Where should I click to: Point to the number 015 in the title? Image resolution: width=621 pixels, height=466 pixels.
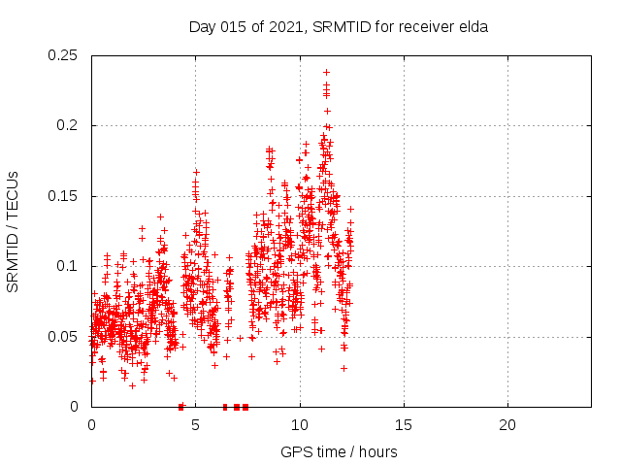pyautogui.click(x=231, y=26)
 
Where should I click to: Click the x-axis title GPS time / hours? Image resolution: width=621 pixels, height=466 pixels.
pyautogui.click(x=339, y=451)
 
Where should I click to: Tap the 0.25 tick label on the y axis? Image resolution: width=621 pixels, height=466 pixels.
pyautogui.click(x=64, y=55)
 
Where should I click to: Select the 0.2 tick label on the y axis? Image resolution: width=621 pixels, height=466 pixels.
pyautogui.click(x=68, y=125)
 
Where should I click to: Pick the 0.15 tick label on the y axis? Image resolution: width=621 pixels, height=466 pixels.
pyautogui.click(x=64, y=196)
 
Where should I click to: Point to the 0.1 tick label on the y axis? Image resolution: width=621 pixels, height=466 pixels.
pyautogui.click(x=68, y=266)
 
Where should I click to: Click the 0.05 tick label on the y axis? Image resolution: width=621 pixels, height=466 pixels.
pyautogui.click(x=64, y=337)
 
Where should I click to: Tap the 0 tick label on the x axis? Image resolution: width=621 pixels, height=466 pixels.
pyautogui.click(x=91, y=425)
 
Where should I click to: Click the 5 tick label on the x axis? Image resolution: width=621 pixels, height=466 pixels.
pyautogui.click(x=195, y=425)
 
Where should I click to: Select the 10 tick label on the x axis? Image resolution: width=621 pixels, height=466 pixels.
pyautogui.click(x=299, y=425)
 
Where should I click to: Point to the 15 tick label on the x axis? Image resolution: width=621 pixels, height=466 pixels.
pyautogui.click(x=403, y=425)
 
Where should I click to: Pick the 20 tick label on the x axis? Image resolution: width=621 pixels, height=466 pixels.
pyautogui.click(x=507, y=425)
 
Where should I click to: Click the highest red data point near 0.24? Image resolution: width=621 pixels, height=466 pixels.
pyautogui.click(x=326, y=72)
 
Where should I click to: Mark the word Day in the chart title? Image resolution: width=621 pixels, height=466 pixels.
pyautogui.click(x=201, y=26)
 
